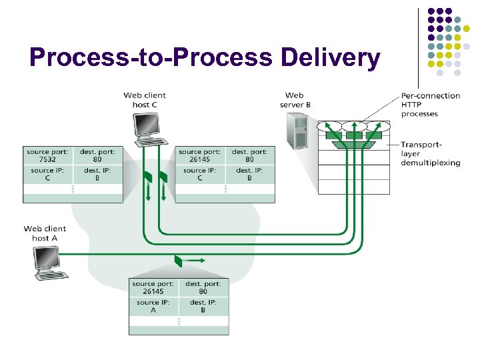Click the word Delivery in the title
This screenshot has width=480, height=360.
pos(330,57)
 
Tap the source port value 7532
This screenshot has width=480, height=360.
pos(47,159)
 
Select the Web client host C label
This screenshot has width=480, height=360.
pos(145,100)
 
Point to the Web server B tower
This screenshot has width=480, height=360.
pos(297,131)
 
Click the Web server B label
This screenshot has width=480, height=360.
pos(295,100)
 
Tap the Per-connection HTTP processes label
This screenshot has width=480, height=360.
pos(431,105)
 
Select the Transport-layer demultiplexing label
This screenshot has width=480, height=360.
pos(431,154)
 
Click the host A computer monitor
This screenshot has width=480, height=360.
pos(46,258)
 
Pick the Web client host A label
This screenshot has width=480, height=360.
pos(45,233)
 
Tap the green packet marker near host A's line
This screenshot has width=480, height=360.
pos(178,261)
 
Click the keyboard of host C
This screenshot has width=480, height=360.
pos(151,142)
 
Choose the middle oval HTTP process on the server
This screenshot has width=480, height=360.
pos(354,126)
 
